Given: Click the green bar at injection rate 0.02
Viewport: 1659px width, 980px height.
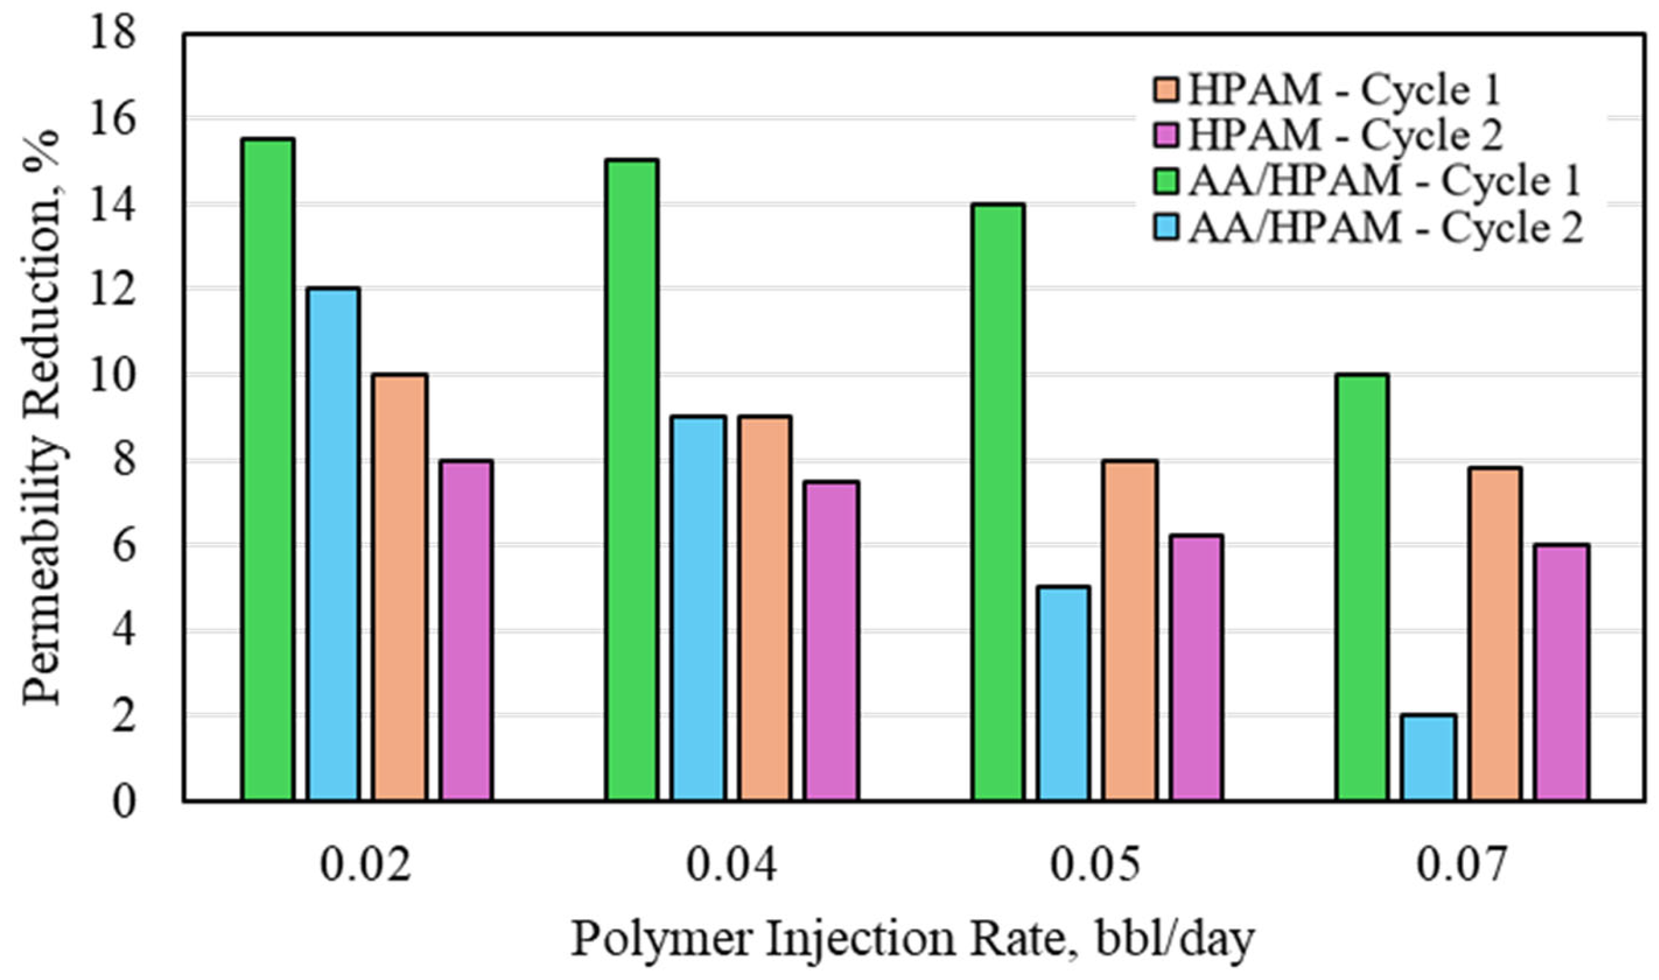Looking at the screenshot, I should pos(268,469).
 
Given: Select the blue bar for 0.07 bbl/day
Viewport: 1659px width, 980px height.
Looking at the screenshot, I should pos(1428,758).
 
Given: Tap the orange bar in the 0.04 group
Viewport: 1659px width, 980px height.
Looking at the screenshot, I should pos(765,608).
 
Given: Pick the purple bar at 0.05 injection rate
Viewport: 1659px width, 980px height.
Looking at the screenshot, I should pos(1197,667).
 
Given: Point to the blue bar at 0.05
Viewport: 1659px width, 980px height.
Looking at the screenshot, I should pos(1063,693).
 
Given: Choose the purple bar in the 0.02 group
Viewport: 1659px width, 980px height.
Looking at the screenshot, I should pos(467,630).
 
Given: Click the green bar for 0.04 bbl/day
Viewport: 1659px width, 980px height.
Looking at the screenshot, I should pos(632,479).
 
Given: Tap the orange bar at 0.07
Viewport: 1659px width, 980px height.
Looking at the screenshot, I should pos(1495,633).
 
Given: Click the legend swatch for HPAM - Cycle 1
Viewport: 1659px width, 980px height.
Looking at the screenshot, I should pos(1166,90).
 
